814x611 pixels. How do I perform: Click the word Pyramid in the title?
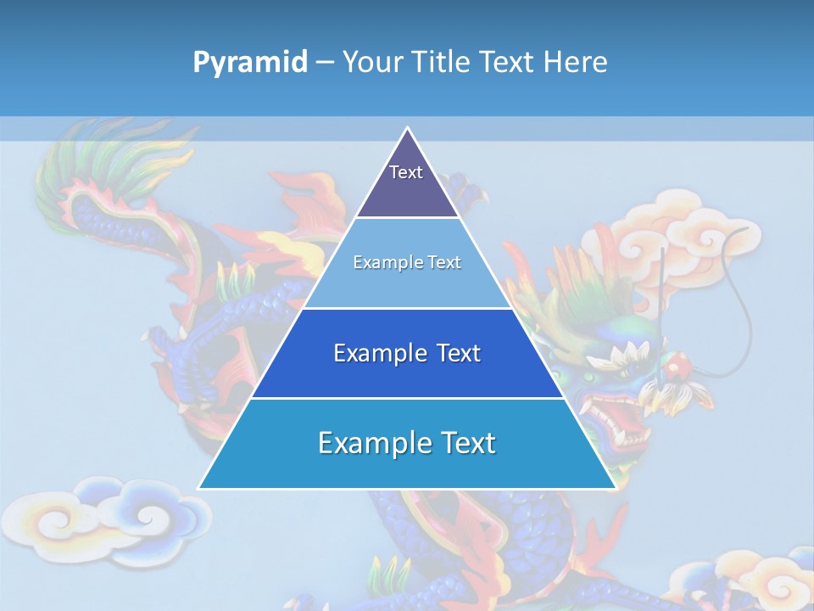pos(249,62)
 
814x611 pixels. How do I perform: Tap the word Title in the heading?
pos(442,62)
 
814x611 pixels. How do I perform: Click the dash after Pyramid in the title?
pos(324,63)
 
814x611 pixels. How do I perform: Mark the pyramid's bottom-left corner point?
pos(199,488)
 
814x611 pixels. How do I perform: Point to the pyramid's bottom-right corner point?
pos(615,488)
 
